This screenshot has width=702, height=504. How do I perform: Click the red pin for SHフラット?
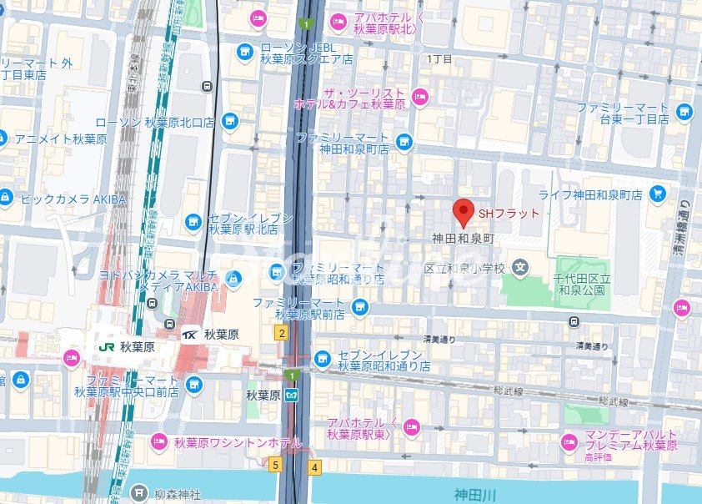[464, 213]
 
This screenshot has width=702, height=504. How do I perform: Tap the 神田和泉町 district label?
[464, 239]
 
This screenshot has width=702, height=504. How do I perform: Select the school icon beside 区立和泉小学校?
[521, 268]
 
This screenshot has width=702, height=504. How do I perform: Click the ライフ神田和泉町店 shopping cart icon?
[658, 194]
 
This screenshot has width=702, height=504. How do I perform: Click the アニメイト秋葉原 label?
[61, 139]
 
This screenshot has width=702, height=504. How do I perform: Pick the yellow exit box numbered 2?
[282, 334]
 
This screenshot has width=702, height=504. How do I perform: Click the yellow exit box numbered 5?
[274, 465]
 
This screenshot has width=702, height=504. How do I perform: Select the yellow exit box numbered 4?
[314, 467]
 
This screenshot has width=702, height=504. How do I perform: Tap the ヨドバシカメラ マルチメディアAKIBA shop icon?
[234, 277]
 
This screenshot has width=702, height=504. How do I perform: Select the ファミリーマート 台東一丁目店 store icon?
[684, 112]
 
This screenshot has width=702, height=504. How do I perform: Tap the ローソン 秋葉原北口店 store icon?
[229, 122]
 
